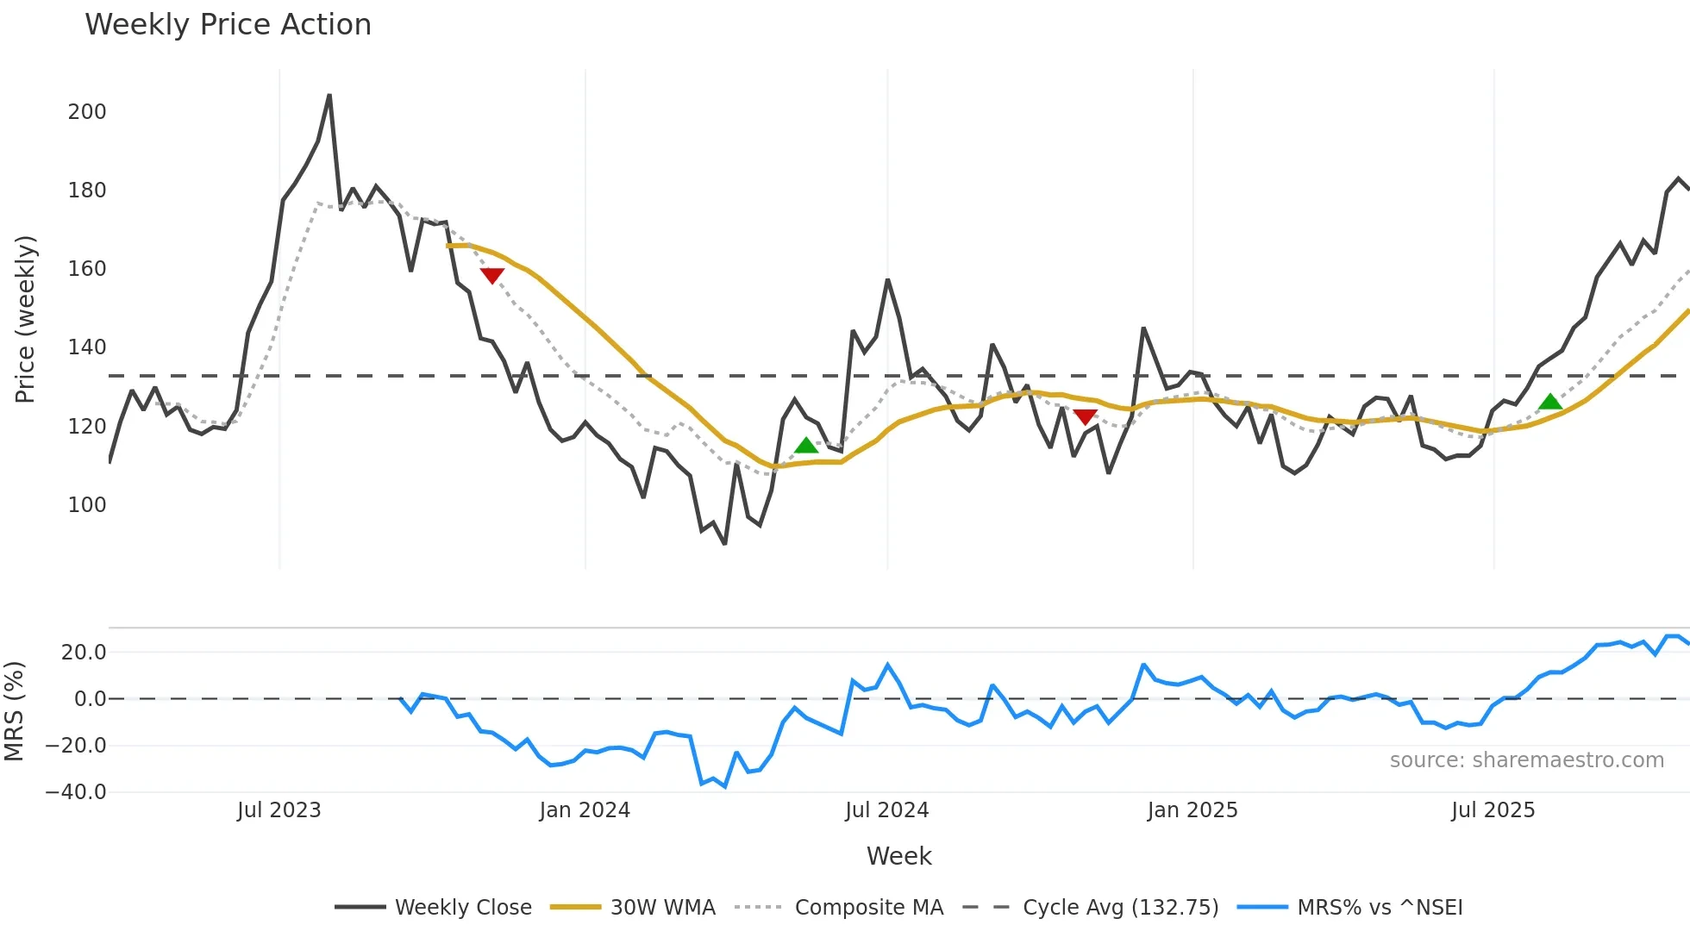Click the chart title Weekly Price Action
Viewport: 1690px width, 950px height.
pyautogui.click(x=228, y=25)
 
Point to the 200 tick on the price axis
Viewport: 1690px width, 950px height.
pyautogui.click(x=87, y=112)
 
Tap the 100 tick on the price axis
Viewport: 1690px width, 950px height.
pyautogui.click(x=87, y=505)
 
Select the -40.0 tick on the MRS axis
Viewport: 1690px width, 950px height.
pyautogui.click(x=76, y=792)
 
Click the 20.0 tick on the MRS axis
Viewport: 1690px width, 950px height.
pyautogui.click(x=84, y=653)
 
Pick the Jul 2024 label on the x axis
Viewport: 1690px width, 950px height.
pyautogui.click(x=886, y=810)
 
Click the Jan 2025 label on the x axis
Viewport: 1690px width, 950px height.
pyautogui.click(x=1192, y=810)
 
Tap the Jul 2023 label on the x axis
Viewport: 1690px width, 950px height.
pyautogui.click(x=279, y=810)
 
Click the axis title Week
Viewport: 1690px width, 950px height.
pyautogui.click(x=898, y=856)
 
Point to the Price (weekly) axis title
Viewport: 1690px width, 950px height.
pyautogui.click(x=25, y=319)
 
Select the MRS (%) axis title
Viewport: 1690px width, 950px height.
pyautogui.click(x=14, y=711)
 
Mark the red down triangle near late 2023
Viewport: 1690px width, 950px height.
pyautogui.click(x=491, y=275)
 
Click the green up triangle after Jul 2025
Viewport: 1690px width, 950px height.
pyautogui.click(x=1550, y=402)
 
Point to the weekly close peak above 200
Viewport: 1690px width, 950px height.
pyautogui.click(x=329, y=96)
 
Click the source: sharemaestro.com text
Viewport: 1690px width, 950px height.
pyautogui.click(x=1526, y=760)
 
